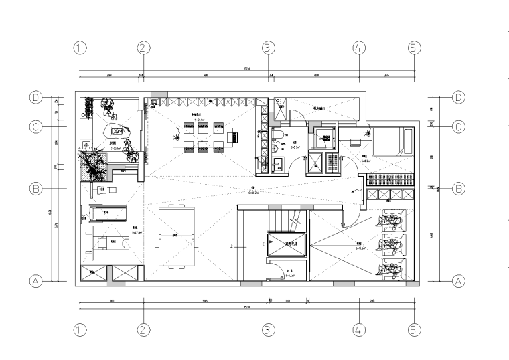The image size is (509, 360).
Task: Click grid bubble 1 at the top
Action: coord(80,48)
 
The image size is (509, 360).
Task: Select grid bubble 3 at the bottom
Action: coord(268,329)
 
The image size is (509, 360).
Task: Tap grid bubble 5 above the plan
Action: coord(413,48)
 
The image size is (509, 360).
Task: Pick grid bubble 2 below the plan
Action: coord(144,329)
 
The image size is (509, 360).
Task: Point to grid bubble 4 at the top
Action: coord(358,48)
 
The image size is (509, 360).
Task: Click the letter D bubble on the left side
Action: coord(36,98)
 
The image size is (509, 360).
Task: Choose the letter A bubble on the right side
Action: coord(459,281)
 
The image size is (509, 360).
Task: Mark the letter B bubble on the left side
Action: coord(36,189)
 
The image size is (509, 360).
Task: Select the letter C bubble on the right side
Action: coord(459,126)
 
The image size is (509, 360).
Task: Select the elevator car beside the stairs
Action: coord(286,244)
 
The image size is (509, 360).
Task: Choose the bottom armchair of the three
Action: coord(392,268)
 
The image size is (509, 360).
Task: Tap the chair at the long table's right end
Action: coord(235,138)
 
